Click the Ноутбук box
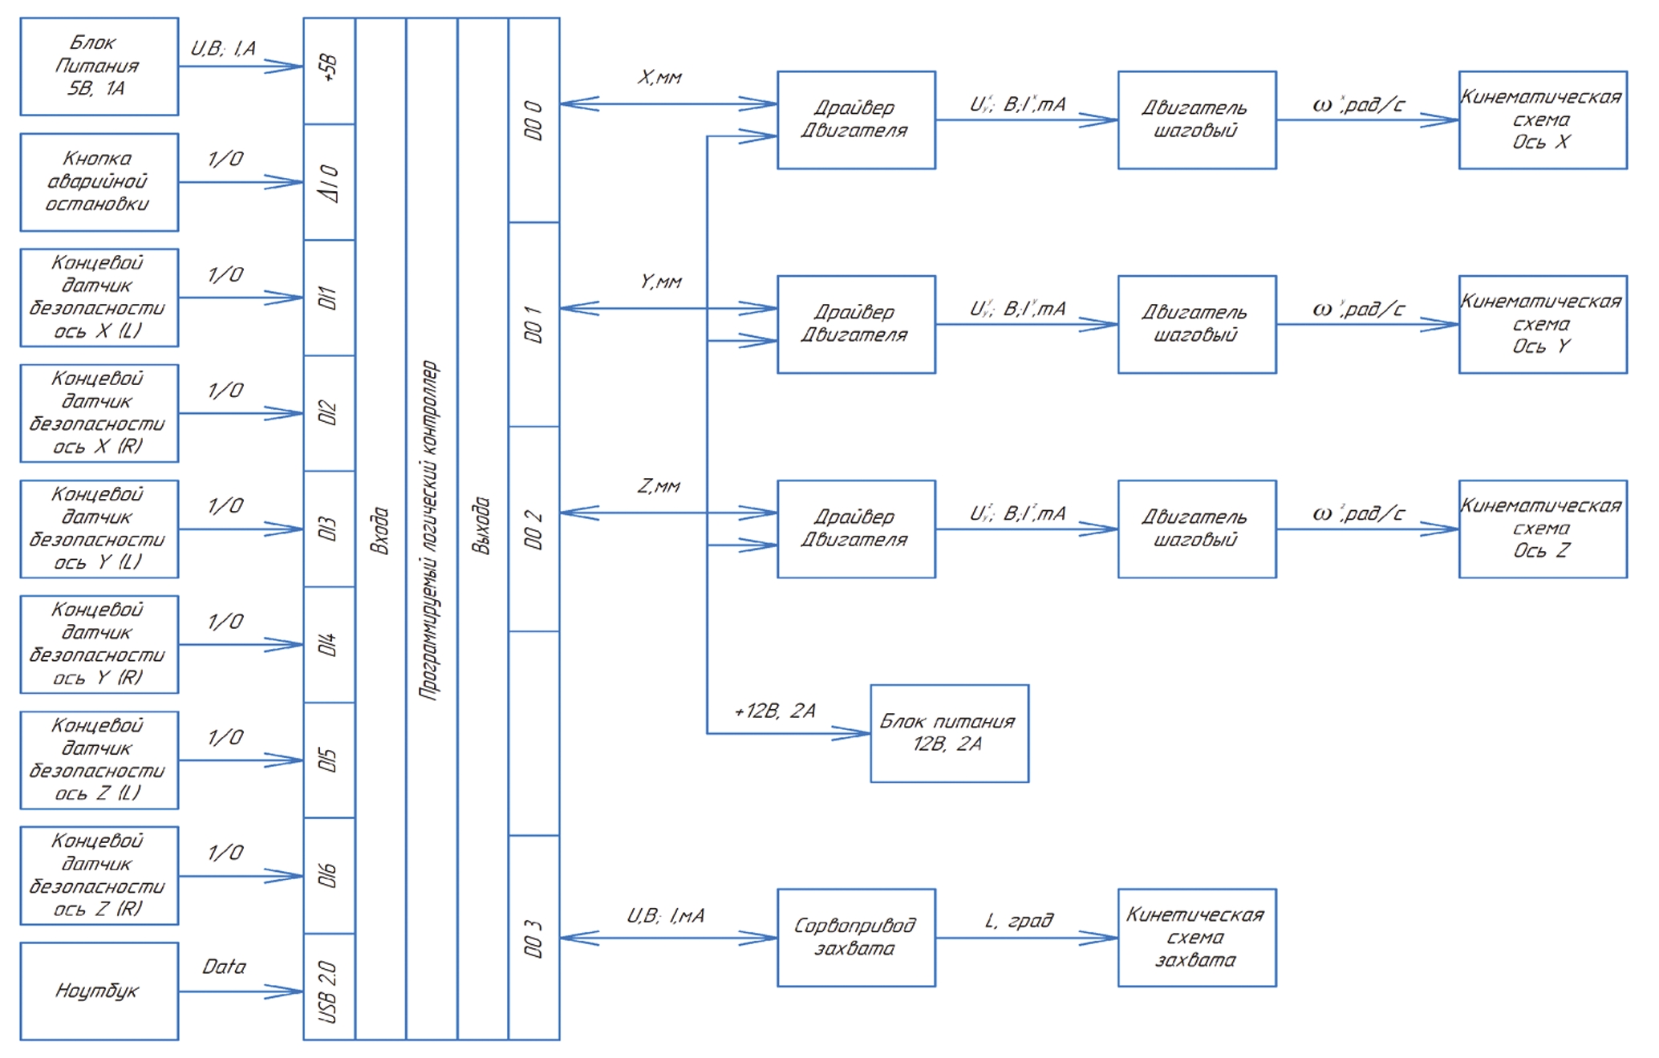pyautogui.click(x=99, y=991)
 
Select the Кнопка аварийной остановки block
pyautogui.click(x=99, y=182)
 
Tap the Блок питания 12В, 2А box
pyautogui.click(x=949, y=733)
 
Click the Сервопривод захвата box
pyautogui.click(x=856, y=937)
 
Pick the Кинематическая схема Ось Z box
pyautogui.click(x=1542, y=529)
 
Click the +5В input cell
pyautogui.click(x=329, y=71)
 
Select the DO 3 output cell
pyautogui.click(x=533, y=937)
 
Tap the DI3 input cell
pyautogui.click(x=329, y=529)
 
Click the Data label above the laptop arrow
pyautogui.click(x=224, y=967)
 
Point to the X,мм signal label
pyautogui.click(x=659, y=78)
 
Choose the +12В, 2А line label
pyautogui.click(x=775, y=711)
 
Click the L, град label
pyautogui.click(x=1019, y=921)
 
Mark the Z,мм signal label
pyautogui.click(x=659, y=486)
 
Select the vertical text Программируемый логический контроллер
pyautogui.click(x=431, y=529)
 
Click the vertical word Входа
pyautogui.click(x=380, y=529)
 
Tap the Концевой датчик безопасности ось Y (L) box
pyautogui.click(x=99, y=529)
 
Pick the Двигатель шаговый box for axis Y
pyautogui.click(x=1196, y=324)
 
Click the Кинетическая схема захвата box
pyautogui.click(x=1196, y=937)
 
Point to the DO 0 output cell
pyautogui.click(x=533, y=120)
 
